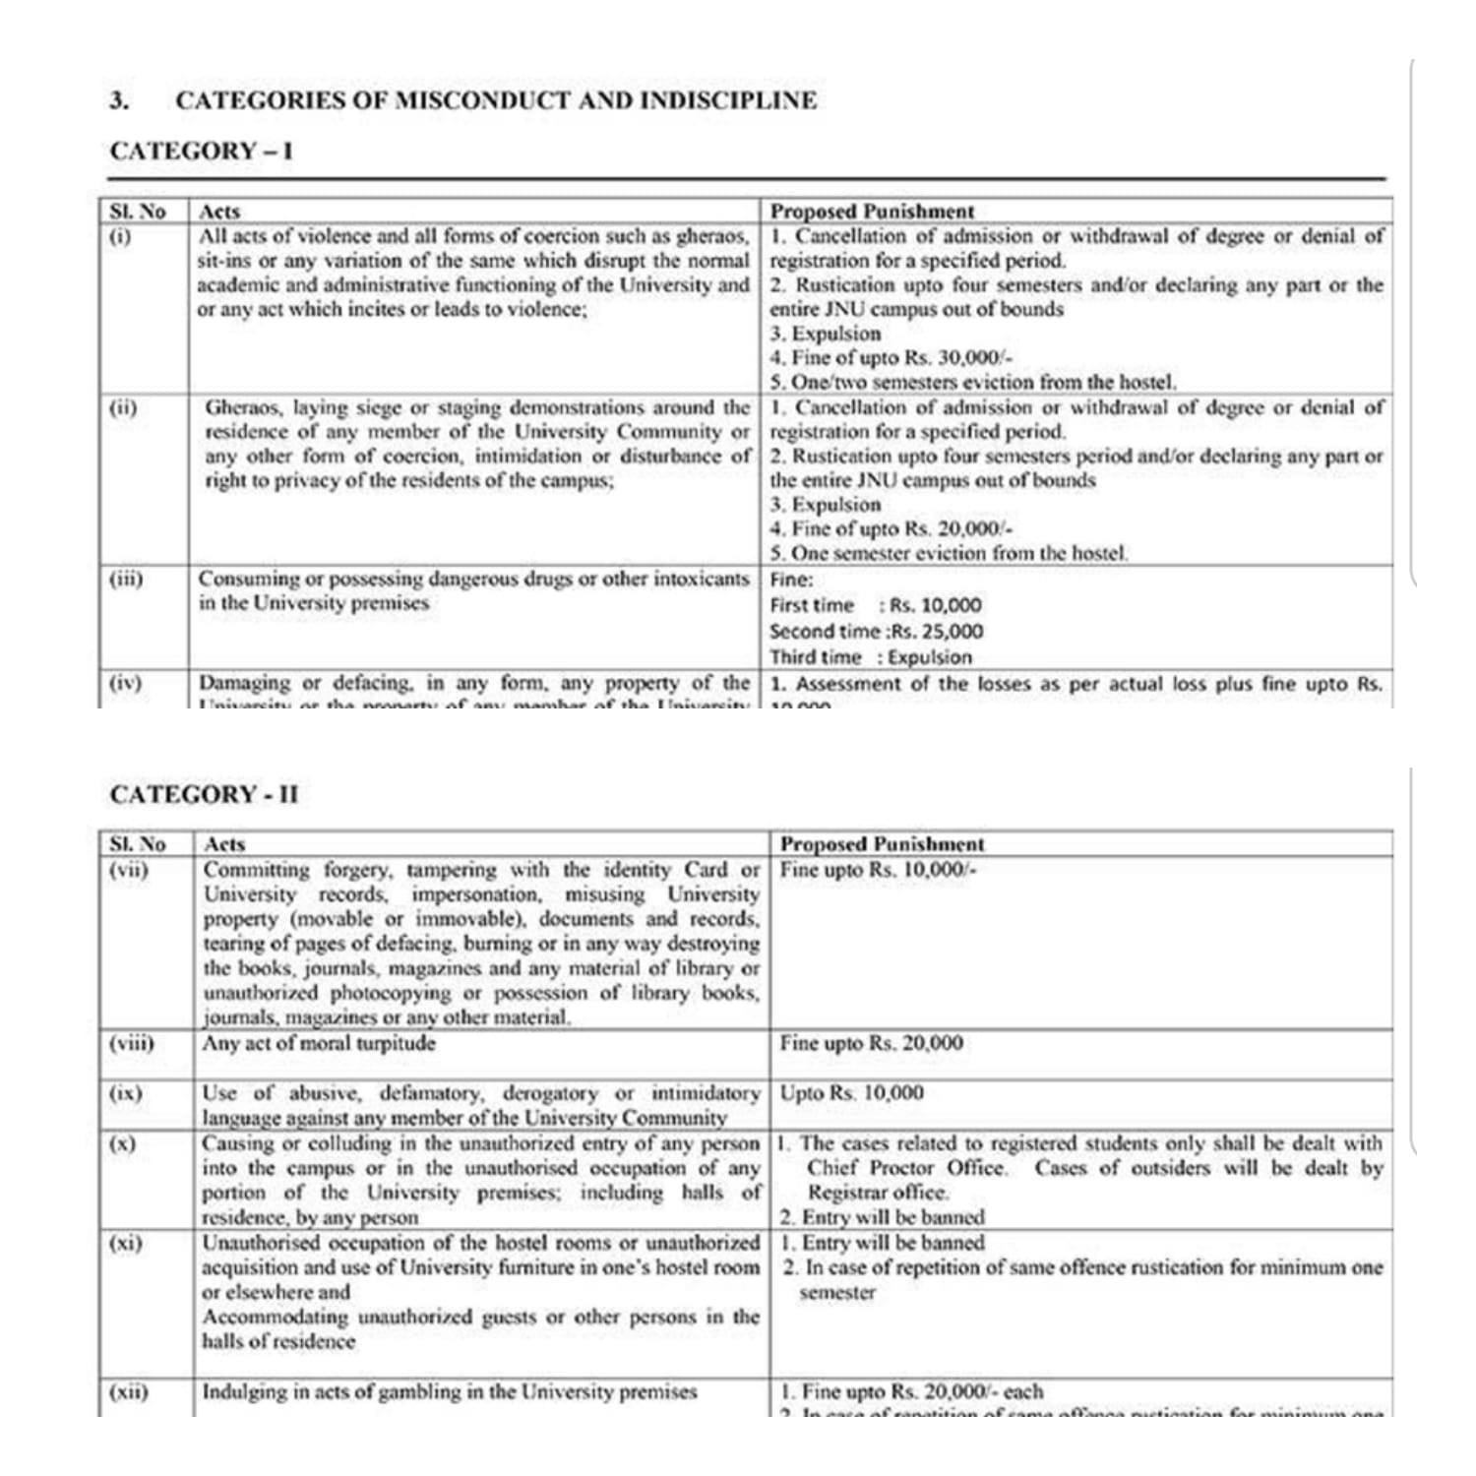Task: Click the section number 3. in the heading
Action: point(119,100)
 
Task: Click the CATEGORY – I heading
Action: point(201,151)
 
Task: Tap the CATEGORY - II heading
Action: point(204,794)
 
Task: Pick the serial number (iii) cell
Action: point(125,579)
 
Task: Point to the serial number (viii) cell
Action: point(132,1043)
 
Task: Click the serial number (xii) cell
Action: point(128,1391)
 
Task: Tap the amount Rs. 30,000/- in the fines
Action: point(952,357)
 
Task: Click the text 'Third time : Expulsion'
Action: point(870,657)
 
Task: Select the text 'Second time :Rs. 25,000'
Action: point(876,632)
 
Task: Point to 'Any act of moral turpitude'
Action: point(319,1043)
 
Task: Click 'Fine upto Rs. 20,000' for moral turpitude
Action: point(871,1043)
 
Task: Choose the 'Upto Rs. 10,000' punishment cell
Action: point(851,1093)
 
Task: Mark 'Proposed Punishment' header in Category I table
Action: point(872,211)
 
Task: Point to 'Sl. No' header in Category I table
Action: point(138,211)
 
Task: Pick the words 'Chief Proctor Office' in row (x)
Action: point(906,1168)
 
